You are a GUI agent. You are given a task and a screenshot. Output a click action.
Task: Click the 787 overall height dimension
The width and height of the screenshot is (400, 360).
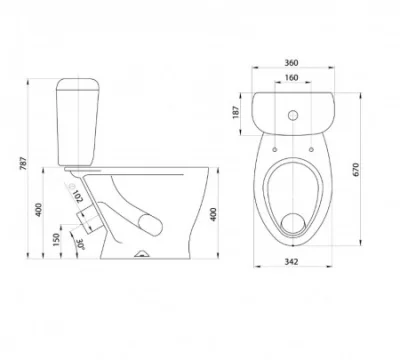(x=23, y=163)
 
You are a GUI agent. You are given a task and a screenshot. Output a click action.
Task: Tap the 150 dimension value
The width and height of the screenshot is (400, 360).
(x=56, y=240)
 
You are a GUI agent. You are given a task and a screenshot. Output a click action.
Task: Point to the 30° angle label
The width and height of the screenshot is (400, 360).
(x=80, y=244)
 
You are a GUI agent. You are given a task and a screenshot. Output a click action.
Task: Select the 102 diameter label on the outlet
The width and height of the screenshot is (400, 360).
(x=78, y=196)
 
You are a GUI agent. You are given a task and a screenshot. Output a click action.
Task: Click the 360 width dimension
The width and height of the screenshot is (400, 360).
(x=291, y=62)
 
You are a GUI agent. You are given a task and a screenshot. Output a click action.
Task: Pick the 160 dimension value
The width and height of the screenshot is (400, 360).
(x=291, y=78)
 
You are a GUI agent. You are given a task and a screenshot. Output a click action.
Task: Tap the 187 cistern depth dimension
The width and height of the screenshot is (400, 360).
(x=236, y=112)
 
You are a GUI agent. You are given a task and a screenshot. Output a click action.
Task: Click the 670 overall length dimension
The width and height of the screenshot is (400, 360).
(x=356, y=169)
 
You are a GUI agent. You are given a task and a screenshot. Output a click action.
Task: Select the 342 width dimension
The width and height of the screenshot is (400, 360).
(x=291, y=262)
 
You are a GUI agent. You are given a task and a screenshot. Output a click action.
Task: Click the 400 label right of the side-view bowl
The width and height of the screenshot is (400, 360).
(x=213, y=214)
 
